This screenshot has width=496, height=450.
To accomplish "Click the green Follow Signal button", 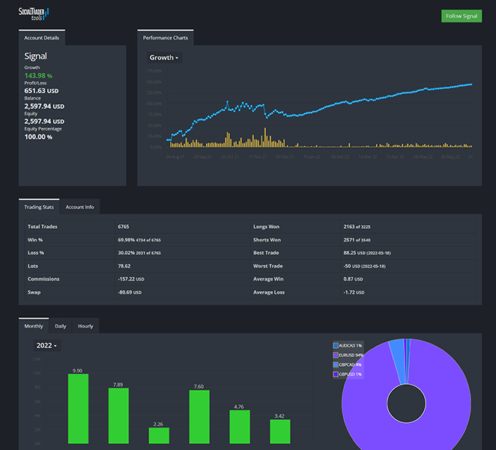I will coord(462,16).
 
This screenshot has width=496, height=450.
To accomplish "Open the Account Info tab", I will coord(79,207).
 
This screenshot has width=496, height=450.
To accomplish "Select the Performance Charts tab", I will coord(166,37).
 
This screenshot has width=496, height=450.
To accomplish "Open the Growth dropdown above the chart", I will coord(164,58).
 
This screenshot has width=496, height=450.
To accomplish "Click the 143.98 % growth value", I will coord(38,76).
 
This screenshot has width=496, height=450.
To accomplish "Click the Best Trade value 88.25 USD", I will coord(369,253).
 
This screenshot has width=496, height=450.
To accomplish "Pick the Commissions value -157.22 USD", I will coord(130,279).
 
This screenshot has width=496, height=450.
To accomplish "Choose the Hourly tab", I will coord(85,326).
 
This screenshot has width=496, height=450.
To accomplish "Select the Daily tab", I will coord(61,326).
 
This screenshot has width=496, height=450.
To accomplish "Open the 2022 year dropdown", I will coord(47,346).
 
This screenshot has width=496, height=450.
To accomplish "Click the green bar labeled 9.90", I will coord(78,409).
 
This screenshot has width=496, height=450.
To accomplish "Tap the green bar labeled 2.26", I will coord(159,435).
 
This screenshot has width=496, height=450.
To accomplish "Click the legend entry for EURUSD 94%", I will coord(351,354).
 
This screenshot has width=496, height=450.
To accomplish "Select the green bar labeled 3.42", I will coord(279,431).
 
